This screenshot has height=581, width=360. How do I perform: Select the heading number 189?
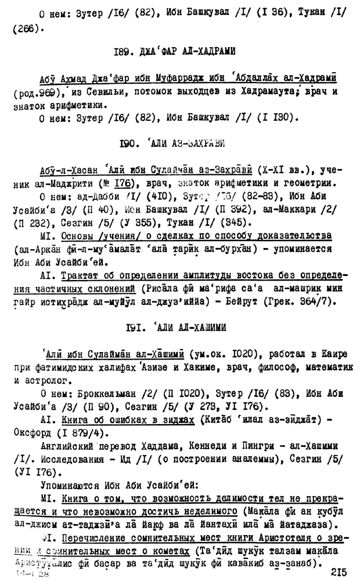[x=124, y=52]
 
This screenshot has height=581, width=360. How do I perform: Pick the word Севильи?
[x=106, y=92]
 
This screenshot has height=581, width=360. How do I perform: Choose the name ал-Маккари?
[x=296, y=209]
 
